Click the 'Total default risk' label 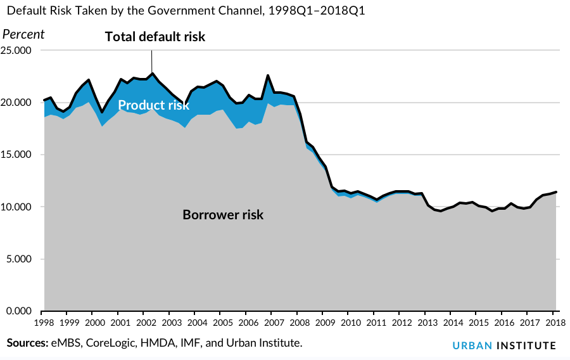[155, 37]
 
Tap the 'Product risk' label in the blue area [153, 105]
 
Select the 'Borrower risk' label [223, 214]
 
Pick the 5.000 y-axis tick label [19, 259]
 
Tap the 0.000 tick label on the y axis [19, 311]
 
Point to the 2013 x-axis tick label [425, 322]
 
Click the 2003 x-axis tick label [169, 322]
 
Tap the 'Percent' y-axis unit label [24, 34]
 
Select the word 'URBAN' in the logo [472, 345]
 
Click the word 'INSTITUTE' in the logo [526, 345]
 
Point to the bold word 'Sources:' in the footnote [27, 343]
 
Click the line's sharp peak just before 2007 [268, 75]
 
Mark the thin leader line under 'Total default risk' [152, 61]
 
